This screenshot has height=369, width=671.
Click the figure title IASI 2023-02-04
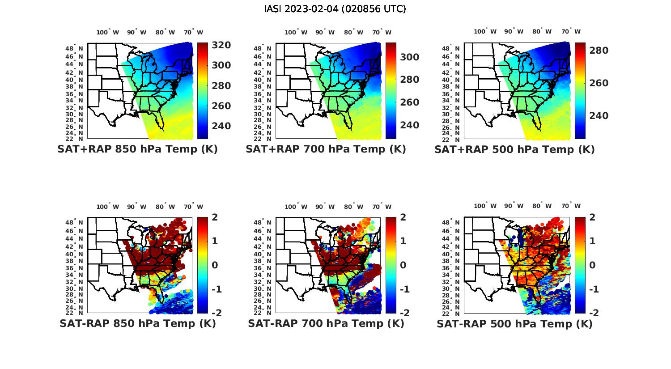click(x=335, y=9)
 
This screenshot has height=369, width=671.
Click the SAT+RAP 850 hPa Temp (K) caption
click(x=137, y=149)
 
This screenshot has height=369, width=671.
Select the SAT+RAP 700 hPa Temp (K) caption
click(x=326, y=149)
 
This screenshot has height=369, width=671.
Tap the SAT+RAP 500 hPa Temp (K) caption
click(x=514, y=150)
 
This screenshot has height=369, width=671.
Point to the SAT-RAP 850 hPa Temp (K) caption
click(x=138, y=323)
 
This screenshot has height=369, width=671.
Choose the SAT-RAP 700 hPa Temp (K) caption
click(x=326, y=323)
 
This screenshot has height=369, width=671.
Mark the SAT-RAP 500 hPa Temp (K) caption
click(x=514, y=324)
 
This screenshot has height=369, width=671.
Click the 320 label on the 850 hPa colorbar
click(x=221, y=45)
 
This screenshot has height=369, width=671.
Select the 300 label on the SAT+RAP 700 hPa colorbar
click(x=409, y=57)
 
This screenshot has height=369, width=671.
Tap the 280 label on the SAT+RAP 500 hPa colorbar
click(x=599, y=51)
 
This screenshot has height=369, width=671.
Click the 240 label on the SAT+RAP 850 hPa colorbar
click(x=221, y=126)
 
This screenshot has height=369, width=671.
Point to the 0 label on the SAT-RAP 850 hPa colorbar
click(x=215, y=265)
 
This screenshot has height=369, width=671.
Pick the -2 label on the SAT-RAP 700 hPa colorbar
click(x=400, y=313)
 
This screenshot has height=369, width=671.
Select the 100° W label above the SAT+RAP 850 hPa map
click(x=108, y=32)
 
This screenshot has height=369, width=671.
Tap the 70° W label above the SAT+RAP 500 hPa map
click(x=571, y=31)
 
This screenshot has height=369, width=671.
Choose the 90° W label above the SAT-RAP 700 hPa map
click(x=325, y=207)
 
